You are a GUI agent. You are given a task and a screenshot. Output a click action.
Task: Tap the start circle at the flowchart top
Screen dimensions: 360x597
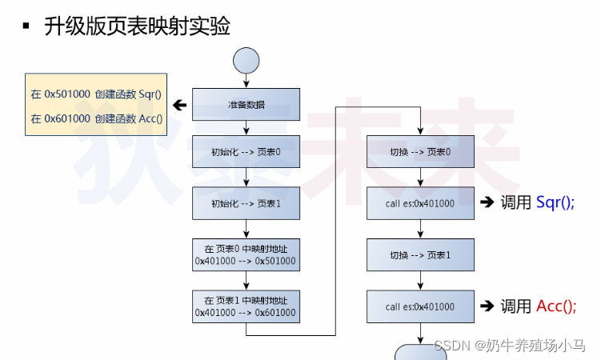tap(246, 60)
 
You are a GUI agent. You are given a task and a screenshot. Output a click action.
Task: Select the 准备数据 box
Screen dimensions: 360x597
tap(246, 104)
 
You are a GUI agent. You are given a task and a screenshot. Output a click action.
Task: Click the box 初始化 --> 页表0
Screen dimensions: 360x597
tap(246, 152)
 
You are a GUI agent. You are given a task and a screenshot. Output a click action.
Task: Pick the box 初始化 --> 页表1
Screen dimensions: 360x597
tap(246, 203)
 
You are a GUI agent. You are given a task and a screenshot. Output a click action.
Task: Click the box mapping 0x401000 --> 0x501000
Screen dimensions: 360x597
tap(246, 254)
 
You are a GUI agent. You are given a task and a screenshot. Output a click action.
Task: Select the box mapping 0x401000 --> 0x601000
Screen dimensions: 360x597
tap(246, 306)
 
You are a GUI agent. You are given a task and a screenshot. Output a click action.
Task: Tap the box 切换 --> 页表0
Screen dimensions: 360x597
tap(420, 152)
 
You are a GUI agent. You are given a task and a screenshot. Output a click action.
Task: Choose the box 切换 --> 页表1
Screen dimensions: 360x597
tap(420, 255)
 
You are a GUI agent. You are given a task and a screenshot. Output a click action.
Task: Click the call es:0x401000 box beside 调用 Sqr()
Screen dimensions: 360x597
tap(420, 203)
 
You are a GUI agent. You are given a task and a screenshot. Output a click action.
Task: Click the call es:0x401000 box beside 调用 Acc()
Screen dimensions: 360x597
tap(420, 306)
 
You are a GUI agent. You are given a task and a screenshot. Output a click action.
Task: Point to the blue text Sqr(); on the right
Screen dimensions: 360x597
tap(555, 202)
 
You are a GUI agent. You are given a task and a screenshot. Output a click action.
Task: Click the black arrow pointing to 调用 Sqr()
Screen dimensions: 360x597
tap(487, 202)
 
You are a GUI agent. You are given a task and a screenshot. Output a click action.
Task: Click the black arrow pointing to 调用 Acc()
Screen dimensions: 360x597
tap(487, 306)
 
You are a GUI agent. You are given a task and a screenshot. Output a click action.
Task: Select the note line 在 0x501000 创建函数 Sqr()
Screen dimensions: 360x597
tap(96, 94)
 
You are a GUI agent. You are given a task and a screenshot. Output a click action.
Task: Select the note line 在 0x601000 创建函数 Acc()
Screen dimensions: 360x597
tap(96, 118)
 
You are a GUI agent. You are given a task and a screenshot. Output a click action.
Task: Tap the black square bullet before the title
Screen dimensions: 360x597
tap(26, 26)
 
